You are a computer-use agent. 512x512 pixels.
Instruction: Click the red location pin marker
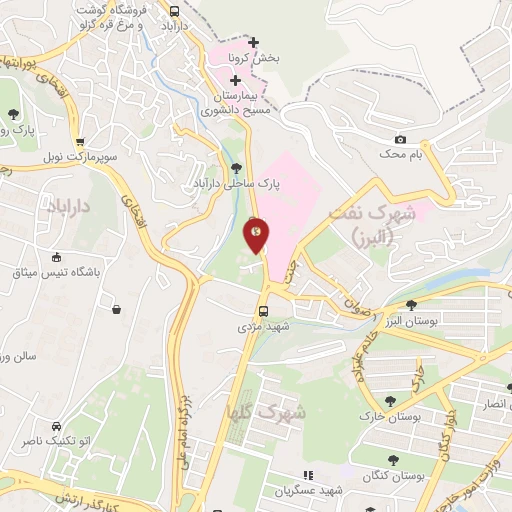click(x=257, y=235)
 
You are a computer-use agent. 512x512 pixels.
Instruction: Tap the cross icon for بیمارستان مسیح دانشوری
click(x=235, y=79)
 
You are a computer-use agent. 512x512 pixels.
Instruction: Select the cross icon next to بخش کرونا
click(x=253, y=42)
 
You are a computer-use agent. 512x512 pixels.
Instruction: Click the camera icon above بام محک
click(x=401, y=139)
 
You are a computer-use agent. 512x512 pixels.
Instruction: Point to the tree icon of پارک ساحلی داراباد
click(x=236, y=168)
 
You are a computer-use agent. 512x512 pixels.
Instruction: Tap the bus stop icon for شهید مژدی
click(x=264, y=310)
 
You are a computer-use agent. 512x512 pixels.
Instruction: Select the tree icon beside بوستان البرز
click(x=411, y=305)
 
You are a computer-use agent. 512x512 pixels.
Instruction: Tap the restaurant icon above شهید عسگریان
click(x=308, y=474)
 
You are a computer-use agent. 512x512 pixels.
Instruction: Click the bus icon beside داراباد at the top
click(x=175, y=12)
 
